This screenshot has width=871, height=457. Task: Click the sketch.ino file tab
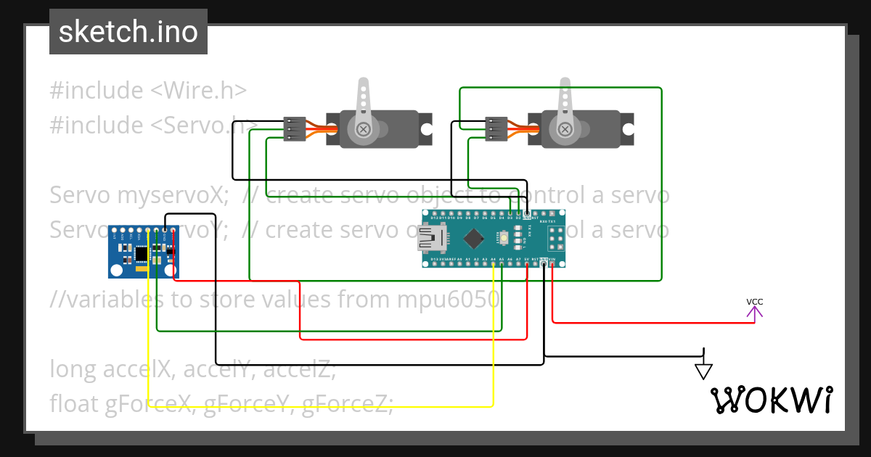click(x=128, y=32)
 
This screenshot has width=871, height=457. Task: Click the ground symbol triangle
click(x=703, y=370)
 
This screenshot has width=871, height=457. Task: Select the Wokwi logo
click(x=772, y=400)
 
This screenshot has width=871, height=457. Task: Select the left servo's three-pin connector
click(x=294, y=129)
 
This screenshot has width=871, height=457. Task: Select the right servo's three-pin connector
click(x=496, y=129)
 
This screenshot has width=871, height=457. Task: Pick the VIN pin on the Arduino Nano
click(x=552, y=263)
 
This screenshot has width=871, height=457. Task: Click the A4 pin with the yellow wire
click(x=494, y=263)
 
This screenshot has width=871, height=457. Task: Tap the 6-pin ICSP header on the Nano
click(x=556, y=239)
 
